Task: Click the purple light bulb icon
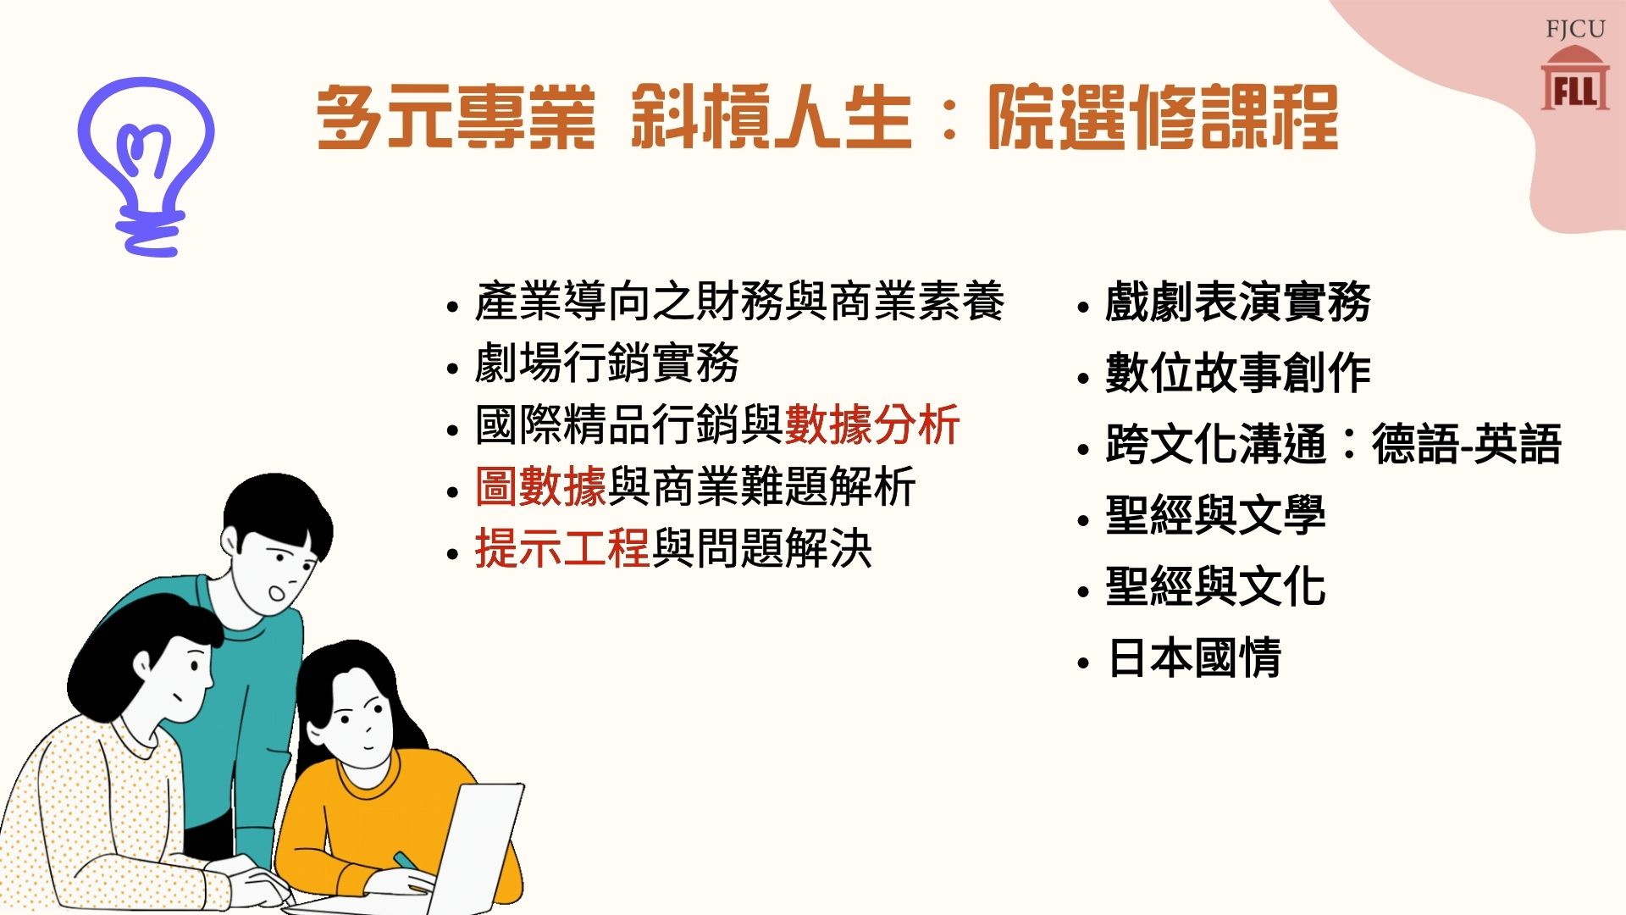coord(146,165)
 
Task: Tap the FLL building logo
coord(1574,79)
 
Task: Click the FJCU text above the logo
coord(1575,29)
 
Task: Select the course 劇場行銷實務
coord(606,363)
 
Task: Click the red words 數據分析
coord(872,424)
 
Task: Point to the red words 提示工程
coord(562,548)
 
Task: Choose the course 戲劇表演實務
coord(1237,302)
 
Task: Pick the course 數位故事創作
coord(1237,373)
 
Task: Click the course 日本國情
coord(1194,657)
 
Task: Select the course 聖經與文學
coord(1215,515)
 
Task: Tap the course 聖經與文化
coord(1215,586)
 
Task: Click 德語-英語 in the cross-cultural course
coord(1466,444)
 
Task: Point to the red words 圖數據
coord(540,486)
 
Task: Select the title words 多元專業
coord(456,118)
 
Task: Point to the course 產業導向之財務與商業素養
coord(739,302)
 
